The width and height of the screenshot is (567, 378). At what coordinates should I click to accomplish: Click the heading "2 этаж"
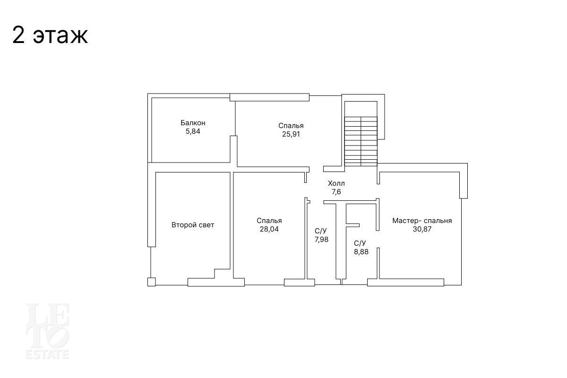click(50, 35)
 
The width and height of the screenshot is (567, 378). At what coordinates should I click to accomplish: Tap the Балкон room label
click(193, 123)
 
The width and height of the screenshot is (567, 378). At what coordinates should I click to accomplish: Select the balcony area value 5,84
click(193, 131)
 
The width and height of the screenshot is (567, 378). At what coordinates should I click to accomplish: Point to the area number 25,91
click(291, 134)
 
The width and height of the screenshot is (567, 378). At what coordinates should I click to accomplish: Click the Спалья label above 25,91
click(291, 126)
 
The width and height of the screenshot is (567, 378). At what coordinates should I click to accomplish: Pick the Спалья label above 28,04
click(269, 221)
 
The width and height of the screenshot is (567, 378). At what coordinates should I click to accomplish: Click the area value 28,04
click(269, 229)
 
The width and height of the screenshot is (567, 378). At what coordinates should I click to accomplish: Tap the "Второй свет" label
click(193, 225)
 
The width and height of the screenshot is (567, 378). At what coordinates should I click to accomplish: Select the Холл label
click(336, 183)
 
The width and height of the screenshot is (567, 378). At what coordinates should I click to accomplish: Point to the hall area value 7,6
click(336, 192)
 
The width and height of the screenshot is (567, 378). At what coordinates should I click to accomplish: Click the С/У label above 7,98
click(321, 231)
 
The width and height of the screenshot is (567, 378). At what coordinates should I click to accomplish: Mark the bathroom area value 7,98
click(321, 240)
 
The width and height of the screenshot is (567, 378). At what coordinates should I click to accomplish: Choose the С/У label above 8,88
click(360, 243)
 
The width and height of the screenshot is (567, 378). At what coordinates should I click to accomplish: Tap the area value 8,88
click(361, 252)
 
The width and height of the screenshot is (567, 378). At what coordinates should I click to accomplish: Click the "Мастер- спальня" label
click(422, 221)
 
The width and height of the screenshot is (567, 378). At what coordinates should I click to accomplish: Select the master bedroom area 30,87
click(422, 229)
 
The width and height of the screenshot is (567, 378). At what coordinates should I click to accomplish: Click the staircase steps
click(361, 141)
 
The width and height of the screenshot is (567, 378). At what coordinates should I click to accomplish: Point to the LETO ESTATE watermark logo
click(47, 331)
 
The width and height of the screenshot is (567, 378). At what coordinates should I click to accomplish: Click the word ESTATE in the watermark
click(47, 354)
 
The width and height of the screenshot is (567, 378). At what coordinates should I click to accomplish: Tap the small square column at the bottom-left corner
click(151, 282)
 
